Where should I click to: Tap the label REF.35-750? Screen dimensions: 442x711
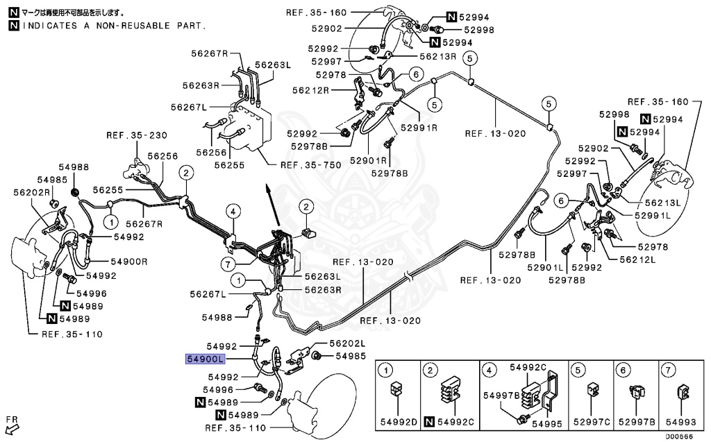[305, 165]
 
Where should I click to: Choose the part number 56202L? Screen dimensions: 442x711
[347, 343]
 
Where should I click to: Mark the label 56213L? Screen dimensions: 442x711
[662, 203]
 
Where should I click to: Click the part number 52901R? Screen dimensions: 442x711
[368, 161]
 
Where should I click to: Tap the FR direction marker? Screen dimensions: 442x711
[11, 423]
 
